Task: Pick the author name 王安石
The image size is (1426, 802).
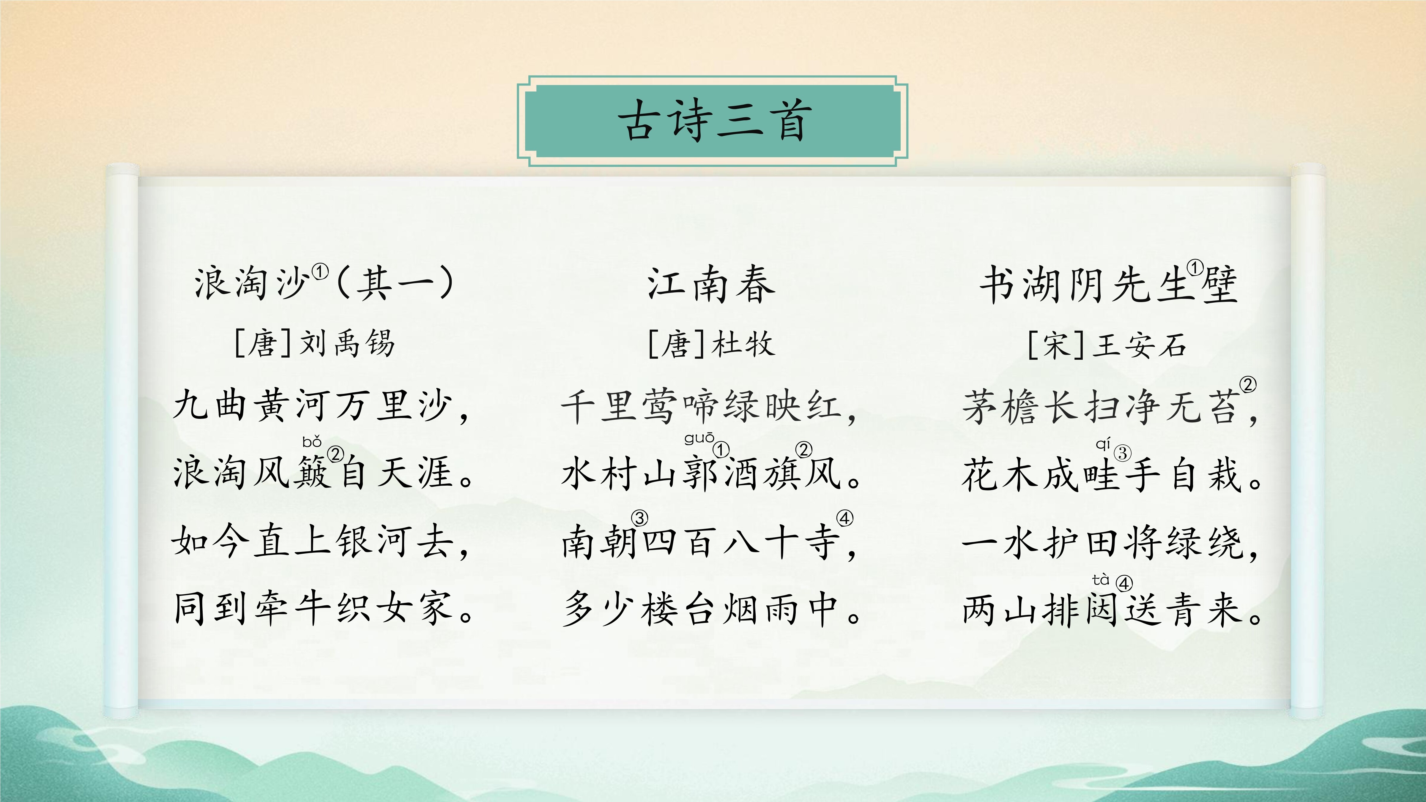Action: point(1139,345)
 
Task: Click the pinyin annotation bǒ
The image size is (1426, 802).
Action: point(312,442)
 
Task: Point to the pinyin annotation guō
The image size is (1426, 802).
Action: point(699,439)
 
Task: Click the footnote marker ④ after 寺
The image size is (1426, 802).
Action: point(845,519)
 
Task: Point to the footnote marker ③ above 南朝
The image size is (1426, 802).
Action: point(640,519)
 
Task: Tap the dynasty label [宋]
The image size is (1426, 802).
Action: point(1056,345)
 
